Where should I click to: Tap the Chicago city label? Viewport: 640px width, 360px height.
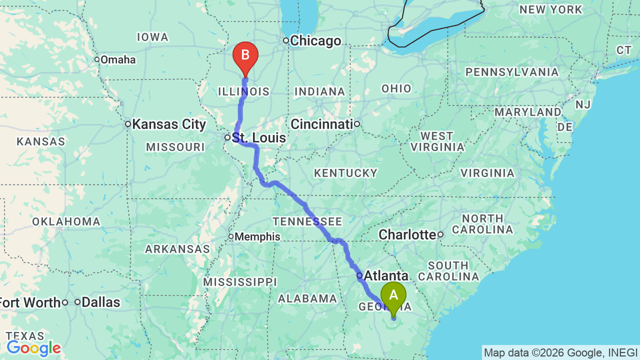tap(315, 41)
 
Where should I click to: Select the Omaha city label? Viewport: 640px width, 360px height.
tap(118, 60)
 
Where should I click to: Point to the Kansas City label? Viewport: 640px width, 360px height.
tap(169, 124)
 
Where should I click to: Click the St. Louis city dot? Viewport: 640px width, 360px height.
tap(227, 137)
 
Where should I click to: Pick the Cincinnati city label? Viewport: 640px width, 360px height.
tap(322, 124)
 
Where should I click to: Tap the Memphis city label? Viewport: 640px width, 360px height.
tap(257, 236)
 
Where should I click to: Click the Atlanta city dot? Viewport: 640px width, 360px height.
tap(359, 275)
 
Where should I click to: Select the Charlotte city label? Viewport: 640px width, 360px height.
tap(407, 234)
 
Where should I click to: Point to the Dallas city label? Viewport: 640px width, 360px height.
tap(100, 302)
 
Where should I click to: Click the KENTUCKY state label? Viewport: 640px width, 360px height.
tap(345, 173)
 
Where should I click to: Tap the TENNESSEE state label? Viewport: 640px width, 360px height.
tap(307, 221)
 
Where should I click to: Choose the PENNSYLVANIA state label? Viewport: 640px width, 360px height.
tap(512, 72)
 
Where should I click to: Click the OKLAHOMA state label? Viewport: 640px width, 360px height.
tap(66, 221)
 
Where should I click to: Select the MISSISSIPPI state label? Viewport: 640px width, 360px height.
tap(239, 282)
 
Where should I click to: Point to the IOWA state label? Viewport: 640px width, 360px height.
tap(152, 37)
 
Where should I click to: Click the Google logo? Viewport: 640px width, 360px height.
tap(33, 348)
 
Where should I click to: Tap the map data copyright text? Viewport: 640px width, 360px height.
tap(560, 352)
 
